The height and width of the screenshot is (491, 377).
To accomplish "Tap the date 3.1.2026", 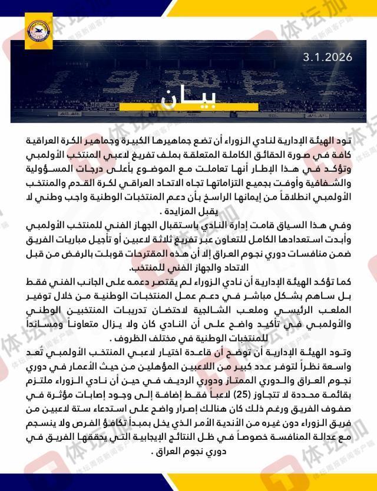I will coord(328,58).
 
